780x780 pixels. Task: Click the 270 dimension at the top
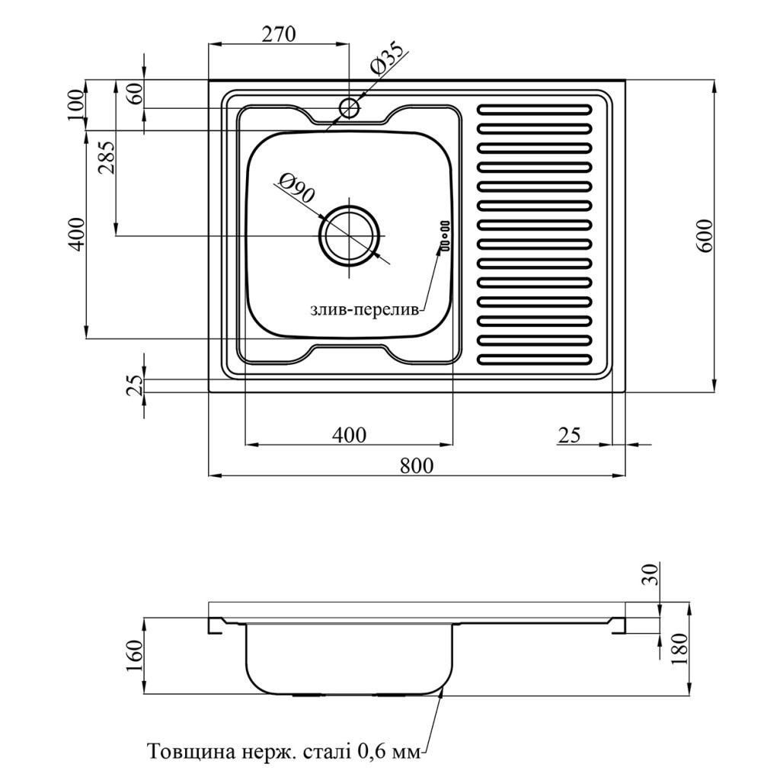click(x=277, y=34)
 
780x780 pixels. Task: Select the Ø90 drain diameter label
click(x=296, y=187)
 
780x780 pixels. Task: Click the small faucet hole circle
click(x=349, y=107)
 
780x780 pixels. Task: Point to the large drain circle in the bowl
click(x=350, y=235)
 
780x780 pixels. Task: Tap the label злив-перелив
click(x=364, y=310)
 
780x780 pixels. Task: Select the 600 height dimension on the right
click(x=705, y=235)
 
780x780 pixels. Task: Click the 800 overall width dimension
click(x=417, y=465)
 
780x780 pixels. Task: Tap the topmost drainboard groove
click(x=534, y=108)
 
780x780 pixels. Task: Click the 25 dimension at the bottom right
click(x=569, y=435)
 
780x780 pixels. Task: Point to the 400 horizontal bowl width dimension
click(x=350, y=435)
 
